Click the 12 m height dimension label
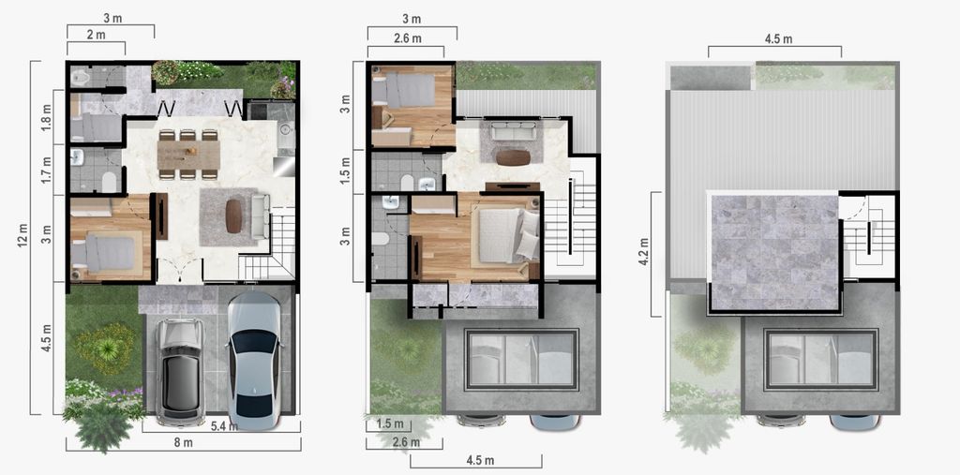point(23,238)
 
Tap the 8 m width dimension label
point(184,443)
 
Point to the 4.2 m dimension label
point(642,253)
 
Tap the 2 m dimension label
point(96,35)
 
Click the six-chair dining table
point(188,155)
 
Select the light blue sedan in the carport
point(254,360)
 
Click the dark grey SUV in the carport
point(180,371)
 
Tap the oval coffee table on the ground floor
point(233,216)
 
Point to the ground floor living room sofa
point(261,216)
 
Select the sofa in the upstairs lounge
point(513,130)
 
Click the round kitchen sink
point(285,130)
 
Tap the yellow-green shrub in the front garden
point(105,349)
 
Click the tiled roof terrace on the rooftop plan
point(773,252)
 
